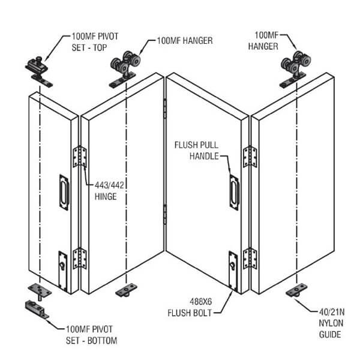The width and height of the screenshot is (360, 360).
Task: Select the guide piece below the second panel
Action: pos(125,292)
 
